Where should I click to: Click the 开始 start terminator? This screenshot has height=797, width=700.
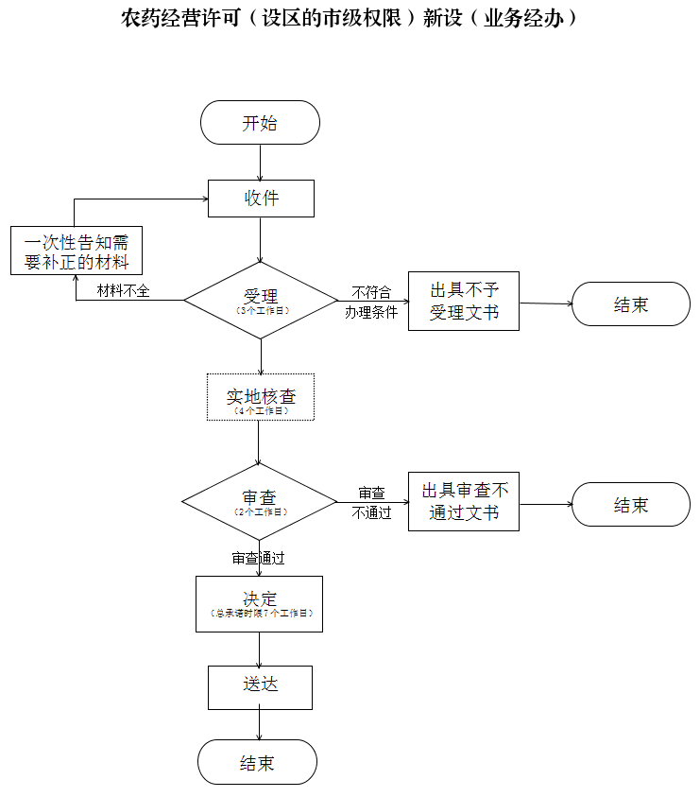(x=260, y=123)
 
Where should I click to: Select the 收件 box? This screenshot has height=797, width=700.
(x=261, y=199)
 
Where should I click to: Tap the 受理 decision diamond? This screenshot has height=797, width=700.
(x=261, y=301)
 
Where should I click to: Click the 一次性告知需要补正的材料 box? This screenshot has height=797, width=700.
(x=77, y=251)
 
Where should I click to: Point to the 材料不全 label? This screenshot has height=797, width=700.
(x=124, y=290)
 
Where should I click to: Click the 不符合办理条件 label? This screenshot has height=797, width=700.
(x=371, y=302)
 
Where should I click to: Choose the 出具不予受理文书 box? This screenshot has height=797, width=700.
(x=464, y=302)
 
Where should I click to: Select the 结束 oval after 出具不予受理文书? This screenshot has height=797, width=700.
(x=631, y=304)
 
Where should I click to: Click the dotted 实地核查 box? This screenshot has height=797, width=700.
(x=261, y=397)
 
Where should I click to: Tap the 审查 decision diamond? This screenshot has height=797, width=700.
(x=260, y=500)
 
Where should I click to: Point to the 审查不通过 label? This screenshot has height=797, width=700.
(x=371, y=503)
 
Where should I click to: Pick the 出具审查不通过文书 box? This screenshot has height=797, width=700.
(x=464, y=502)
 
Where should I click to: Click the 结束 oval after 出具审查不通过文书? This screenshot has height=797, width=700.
(x=631, y=504)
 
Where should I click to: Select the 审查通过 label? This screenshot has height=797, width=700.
(x=259, y=558)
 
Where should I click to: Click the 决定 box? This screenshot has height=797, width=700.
(x=259, y=603)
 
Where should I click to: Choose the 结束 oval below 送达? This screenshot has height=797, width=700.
(x=257, y=762)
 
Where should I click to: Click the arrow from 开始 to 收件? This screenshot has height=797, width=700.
(x=260, y=162)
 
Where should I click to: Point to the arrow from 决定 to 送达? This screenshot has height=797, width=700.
(x=260, y=649)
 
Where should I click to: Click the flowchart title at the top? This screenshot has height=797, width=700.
(x=350, y=18)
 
